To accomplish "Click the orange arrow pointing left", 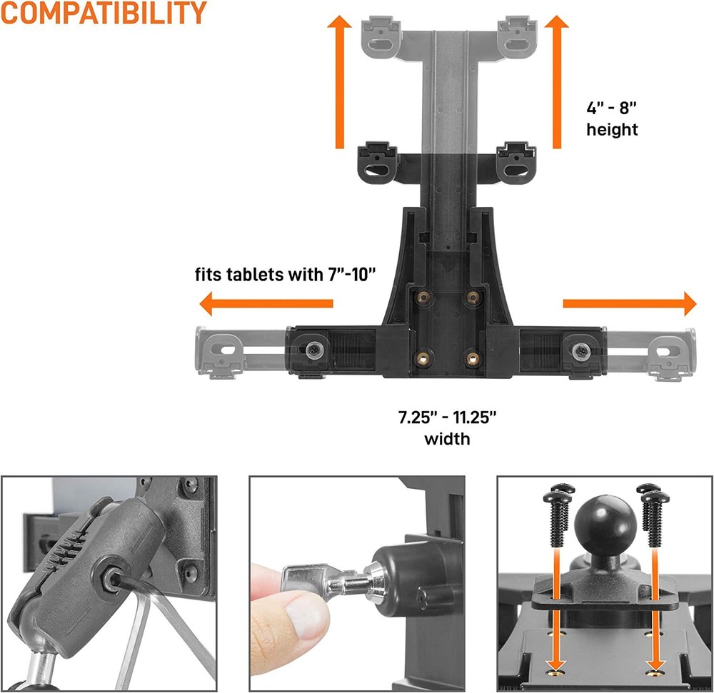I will [x=266, y=305].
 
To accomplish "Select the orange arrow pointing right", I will [x=629, y=303].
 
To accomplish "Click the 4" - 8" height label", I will [x=612, y=119].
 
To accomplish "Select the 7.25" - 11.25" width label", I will [x=448, y=426].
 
